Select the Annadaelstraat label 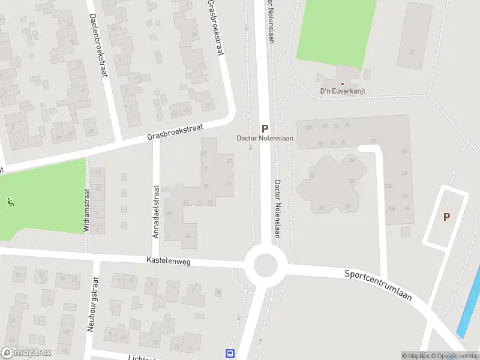click(x=156, y=211)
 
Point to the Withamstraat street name click(x=86, y=210)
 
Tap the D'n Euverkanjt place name click(x=343, y=92)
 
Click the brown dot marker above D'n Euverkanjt click(x=343, y=84)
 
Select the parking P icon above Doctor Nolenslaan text click(x=265, y=128)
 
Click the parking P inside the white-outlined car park click(x=446, y=217)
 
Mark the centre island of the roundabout click(x=265, y=264)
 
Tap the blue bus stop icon click(x=230, y=353)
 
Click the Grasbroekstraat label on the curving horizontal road click(x=176, y=133)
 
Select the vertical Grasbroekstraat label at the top click(x=215, y=27)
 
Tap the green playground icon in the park click(x=9, y=202)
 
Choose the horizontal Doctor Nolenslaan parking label click(x=265, y=139)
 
